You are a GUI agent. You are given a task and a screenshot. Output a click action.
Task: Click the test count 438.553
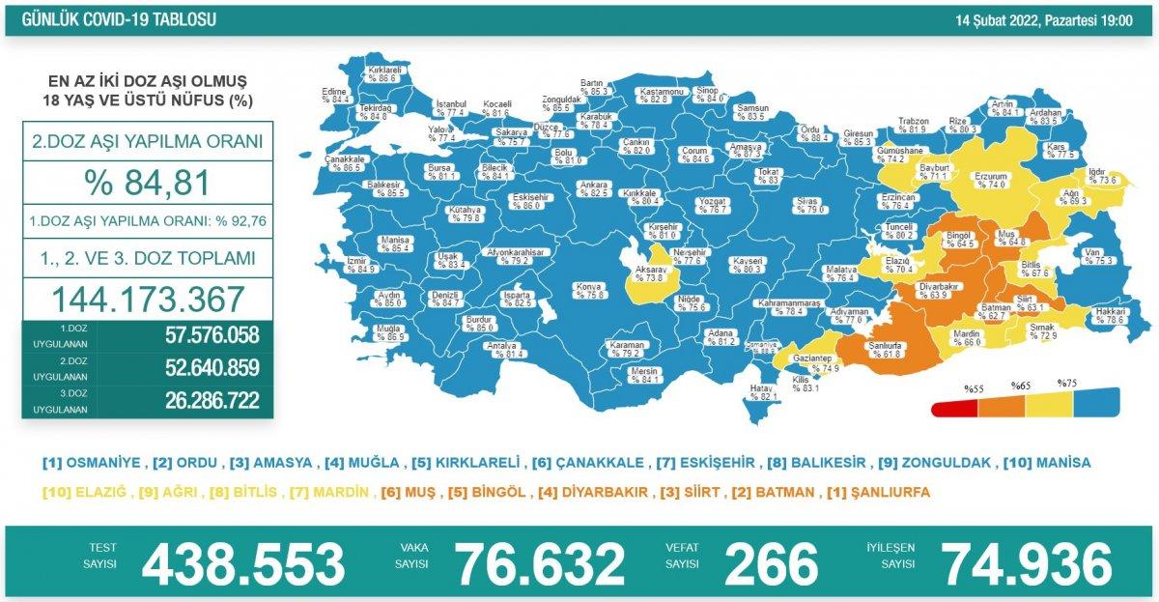tap(242, 563)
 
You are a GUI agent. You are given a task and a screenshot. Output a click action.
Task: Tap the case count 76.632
tap(540, 563)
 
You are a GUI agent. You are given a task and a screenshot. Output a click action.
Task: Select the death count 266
tap(771, 563)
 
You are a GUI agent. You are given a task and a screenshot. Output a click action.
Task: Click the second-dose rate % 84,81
tap(148, 183)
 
